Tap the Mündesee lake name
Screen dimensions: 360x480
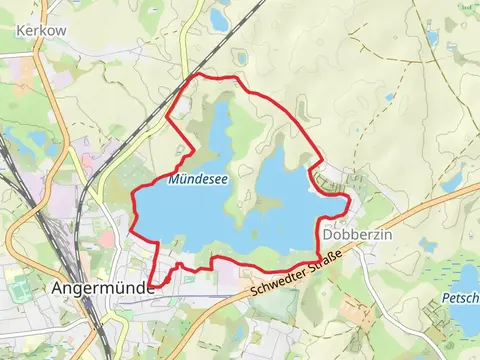tap(197, 181)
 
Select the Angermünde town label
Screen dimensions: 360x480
tap(100, 288)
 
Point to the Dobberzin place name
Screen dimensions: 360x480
tap(357, 233)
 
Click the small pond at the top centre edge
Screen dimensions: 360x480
tap(219, 17)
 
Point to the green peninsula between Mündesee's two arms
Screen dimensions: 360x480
tap(243, 190)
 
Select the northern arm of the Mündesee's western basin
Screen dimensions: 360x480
tap(219, 130)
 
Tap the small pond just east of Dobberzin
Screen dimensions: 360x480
tap(427, 244)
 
